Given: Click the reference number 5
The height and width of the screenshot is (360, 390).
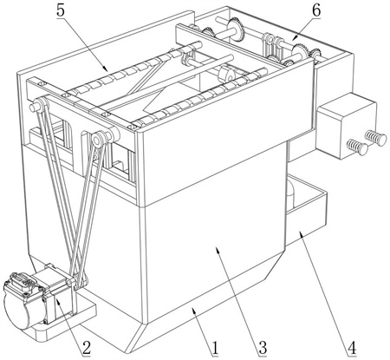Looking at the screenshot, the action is [x=61, y=11].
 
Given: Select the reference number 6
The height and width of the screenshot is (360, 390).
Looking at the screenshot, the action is [x=316, y=11].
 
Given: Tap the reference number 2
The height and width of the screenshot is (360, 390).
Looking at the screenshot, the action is [x=87, y=348].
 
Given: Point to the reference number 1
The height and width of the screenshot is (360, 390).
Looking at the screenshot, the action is [x=215, y=348].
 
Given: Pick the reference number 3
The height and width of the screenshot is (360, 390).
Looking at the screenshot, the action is [x=263, y=348].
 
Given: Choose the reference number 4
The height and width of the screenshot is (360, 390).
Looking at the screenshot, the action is [x=352, y=348].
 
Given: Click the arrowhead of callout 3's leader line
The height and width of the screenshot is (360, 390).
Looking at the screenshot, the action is [x=218, y=250].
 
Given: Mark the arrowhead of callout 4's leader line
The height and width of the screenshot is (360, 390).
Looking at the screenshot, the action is [x=301, y=233].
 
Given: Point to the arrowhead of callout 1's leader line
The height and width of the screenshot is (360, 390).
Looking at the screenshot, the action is [x=194, y=311].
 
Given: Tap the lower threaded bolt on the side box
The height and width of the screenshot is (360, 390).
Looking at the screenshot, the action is [x=358, y=147].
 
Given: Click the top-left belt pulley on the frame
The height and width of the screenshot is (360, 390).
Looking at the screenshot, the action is [x=38, y=104].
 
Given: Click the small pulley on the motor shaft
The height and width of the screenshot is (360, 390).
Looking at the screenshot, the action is [x=71, y=282].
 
